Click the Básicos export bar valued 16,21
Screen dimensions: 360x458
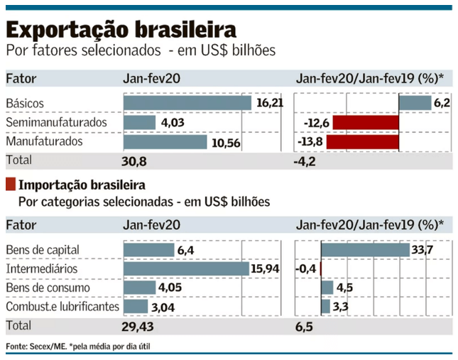[187, 103]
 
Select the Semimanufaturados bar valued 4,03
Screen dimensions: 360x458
[139, 122]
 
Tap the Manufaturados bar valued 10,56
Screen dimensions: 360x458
[165, 141]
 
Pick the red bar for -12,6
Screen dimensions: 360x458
[366, 122]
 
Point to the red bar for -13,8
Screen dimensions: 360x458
[366, 141]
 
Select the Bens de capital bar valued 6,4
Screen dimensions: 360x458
[148, 250]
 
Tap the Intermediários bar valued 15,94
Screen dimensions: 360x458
[186, 269]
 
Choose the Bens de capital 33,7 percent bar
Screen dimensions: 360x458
[366, 250]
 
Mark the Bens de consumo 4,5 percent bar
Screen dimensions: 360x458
[327, 288]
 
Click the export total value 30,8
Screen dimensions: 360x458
[134, 162]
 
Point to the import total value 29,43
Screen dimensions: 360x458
[138, 326]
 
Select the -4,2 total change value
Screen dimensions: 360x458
[305, 162]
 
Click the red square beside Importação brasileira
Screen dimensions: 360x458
[10, 185]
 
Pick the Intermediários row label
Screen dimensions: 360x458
[41, 269]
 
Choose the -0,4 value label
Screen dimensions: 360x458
[308, 269]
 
